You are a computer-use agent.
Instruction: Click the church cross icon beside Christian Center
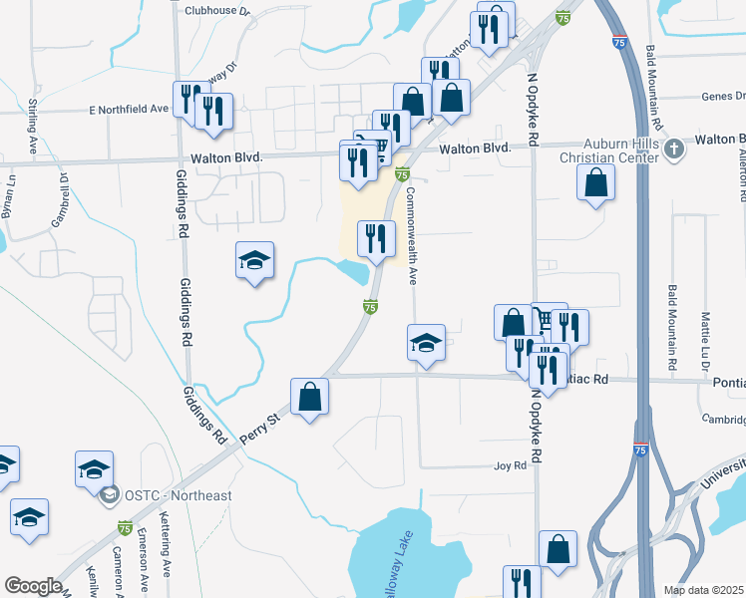pyautogui.click(x=674, y=149)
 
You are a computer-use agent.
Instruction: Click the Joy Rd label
pyautogui.click(x=509, y=465)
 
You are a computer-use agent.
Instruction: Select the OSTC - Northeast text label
pyautogui.click(x=179, y=495)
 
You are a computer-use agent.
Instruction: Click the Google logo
pyautogui.click(x=33, y=586)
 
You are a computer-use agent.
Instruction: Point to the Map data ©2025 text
pyautogui.click(x=704, y=590)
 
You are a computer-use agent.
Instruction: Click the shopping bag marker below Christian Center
pyautogui.click(x=595, y=182)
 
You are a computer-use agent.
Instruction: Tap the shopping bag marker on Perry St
pyautogui.click(x=310, y=397)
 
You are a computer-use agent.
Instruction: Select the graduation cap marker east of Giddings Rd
pyautogui.click(x=255, y=261)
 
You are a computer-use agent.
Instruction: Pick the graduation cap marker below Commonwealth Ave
pyautogui.click(x=426, y=343)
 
